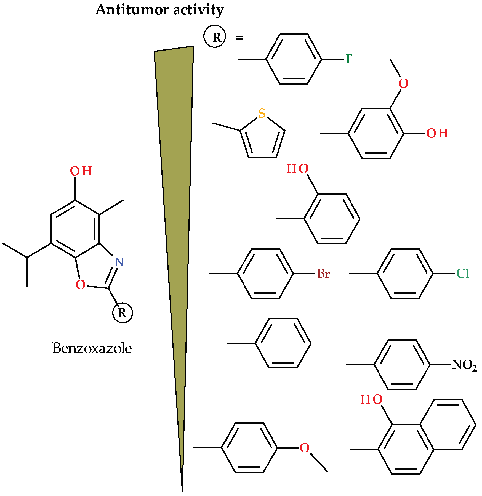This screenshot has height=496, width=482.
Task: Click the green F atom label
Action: (x=349, y=59)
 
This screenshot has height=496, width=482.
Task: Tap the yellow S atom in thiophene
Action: (x=262, y=113)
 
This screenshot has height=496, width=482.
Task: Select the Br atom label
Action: (x=323, y=274)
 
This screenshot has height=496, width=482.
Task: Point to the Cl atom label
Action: (x=463, y=274)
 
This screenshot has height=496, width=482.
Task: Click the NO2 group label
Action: (x=465, y=365)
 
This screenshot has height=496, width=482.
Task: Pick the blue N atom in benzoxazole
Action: (x=119, y=262)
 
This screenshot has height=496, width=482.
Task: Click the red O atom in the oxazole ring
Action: (x=81, y=285)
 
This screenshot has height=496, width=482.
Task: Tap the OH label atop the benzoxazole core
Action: (x=81, y=171)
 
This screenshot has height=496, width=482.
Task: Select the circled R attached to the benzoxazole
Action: (x=123, y=313)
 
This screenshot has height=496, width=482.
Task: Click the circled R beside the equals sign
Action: (x=215, y=37)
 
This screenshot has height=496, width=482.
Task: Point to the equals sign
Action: (x=239, y=38)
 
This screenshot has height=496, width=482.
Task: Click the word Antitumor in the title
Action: (x=132, y=10)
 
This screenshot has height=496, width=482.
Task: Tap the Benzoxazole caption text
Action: (x=92, y=348)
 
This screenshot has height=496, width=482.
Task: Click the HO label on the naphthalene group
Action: (x=371, y=399)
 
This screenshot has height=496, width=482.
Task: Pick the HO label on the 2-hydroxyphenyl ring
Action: (x=297, y=169)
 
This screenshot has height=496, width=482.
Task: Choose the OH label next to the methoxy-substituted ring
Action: (x=437, y=133)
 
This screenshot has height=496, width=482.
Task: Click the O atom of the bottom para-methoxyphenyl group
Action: (x=305, y=448)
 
